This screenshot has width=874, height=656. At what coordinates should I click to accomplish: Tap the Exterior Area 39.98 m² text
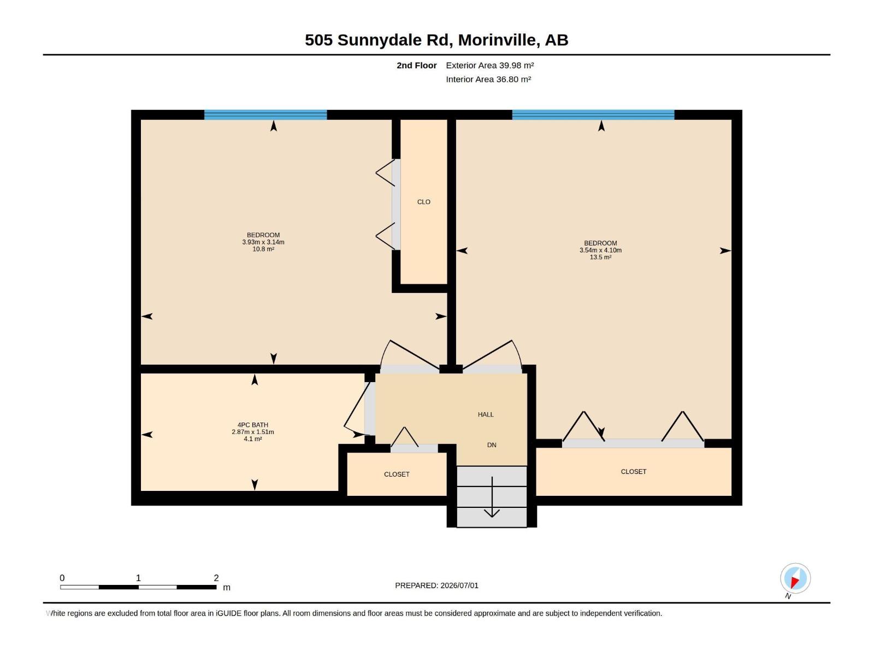click(x=489, y=65)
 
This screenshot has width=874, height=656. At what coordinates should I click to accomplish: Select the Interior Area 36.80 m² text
click(x=488, y=79)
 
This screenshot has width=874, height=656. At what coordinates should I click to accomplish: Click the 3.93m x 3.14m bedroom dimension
click(x=263, y=242)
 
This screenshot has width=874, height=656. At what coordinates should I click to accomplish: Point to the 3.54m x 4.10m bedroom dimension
click(x=600, y=250)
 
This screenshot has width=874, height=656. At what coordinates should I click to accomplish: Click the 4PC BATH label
click(x=253, y=425)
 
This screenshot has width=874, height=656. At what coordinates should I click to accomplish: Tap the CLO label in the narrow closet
click(x=424, y=202)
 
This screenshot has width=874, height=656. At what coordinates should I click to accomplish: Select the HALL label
click(x=486, y=414)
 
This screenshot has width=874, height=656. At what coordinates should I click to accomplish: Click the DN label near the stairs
click(x=492, y=445)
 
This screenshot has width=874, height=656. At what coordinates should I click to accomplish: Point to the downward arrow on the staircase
click(x=492, y=497)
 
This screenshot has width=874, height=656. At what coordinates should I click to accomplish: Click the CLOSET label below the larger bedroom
click(x=634, y=472)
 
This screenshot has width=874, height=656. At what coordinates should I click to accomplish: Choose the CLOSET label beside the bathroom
click(x=397, y=475)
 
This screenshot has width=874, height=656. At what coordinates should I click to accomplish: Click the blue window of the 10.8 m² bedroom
click(x=265, y=115)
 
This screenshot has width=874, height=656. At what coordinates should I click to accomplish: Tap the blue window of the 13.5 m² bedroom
click(x=593, y=115)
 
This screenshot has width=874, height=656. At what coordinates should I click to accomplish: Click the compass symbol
click(x=795, y=578)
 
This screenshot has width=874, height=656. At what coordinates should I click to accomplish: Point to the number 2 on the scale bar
click(x=216, y=578)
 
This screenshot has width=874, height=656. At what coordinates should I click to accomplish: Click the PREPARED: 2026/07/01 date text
click(x=437, y=585)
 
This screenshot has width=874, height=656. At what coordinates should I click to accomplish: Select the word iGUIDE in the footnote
click(x=229, y=613)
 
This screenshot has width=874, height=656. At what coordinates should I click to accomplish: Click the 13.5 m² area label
click(x=600, y=257)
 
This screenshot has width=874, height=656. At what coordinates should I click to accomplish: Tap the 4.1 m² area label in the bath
click(x=253, y=439)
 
